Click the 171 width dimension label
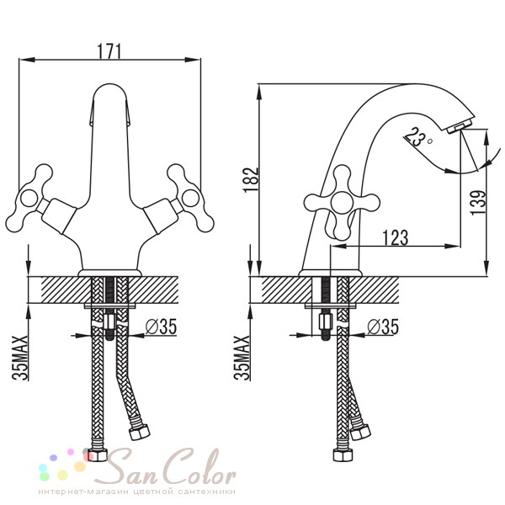click(109, 51)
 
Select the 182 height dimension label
click(251, 180)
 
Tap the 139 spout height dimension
click(478, 203)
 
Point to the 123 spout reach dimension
click(396, 237)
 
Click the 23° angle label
click(417, 137)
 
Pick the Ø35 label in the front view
click(161, 327)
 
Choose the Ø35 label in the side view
click(383, 327)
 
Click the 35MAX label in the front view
click(20, 358)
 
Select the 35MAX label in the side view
click(242, 358)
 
